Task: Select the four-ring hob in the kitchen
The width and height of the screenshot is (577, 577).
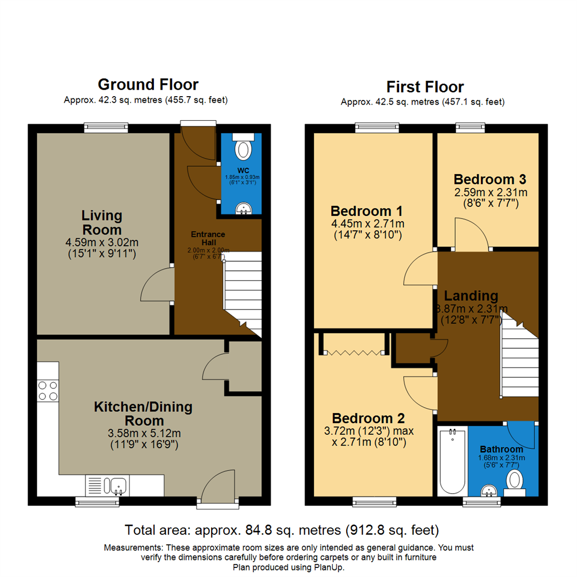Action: pos(48,391)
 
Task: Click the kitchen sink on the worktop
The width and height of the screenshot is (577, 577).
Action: pos(115,486)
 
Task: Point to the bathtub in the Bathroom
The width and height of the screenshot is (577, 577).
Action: pos(452,461)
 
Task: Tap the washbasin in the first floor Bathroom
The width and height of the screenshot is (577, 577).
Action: pos(488,489)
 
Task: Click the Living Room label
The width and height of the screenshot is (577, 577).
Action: pos(102,223)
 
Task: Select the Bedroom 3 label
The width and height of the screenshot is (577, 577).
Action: pos(490,178)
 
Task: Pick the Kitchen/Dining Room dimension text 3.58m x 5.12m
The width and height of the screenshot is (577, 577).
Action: pos(143,432)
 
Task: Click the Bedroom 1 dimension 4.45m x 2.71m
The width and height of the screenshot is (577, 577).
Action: pos(367,223)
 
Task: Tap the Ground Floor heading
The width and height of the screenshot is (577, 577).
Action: pos(148,84)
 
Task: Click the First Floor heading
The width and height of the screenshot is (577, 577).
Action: pos(425,87)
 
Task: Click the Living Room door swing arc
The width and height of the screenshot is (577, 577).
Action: pos(155,284)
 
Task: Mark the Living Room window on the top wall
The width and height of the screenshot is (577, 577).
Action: pos(106,127)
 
